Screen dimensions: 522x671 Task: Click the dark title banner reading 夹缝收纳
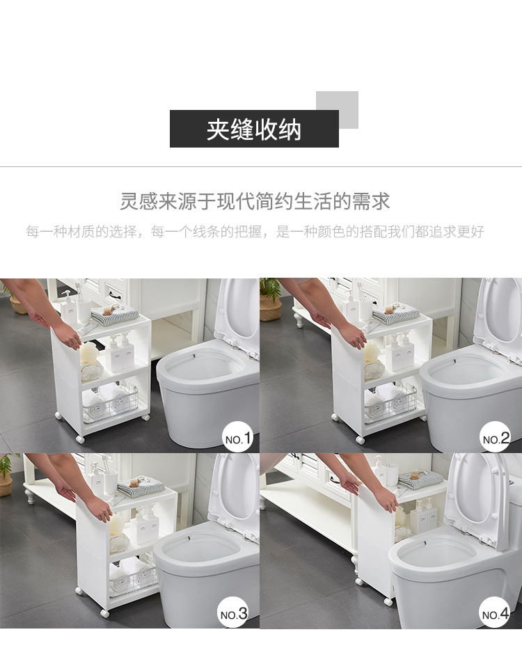point(254,129)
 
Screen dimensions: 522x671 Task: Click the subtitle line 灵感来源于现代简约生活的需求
point(255,201)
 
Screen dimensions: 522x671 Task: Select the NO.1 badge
point(238,437)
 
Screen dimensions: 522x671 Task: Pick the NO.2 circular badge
point(495,437)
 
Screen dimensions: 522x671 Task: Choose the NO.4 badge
point(495,613)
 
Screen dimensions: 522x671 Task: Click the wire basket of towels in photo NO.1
point(110,403)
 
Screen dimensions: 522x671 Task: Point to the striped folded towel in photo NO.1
point(115,315)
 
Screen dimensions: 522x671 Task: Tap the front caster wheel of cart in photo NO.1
point(80,439)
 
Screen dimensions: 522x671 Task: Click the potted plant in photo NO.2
point(271,299)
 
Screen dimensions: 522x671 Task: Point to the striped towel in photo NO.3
point(141,487)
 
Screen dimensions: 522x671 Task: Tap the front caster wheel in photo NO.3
point(105,614)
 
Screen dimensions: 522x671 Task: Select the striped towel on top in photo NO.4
point(420,480)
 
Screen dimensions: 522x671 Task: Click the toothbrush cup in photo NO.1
point(84,309)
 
